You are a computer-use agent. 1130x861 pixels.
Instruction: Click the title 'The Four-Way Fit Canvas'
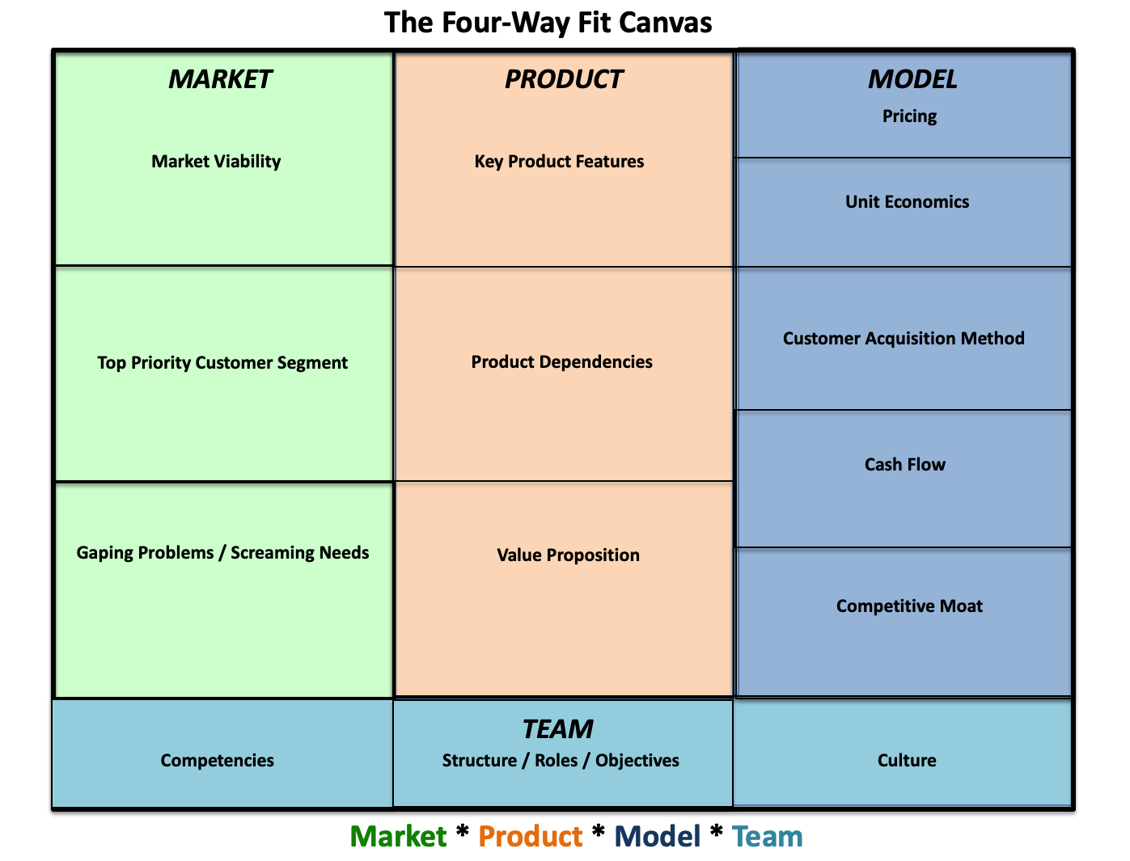pos(548,23)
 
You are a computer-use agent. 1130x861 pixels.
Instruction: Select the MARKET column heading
pos(220,79)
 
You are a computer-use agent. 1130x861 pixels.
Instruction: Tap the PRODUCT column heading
pos(563,79)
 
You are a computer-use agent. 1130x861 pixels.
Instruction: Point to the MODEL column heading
pos(912,79)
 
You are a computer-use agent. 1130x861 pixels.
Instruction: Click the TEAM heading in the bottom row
pos(557,729)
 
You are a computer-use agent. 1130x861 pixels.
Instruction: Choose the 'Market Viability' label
pos(216,162)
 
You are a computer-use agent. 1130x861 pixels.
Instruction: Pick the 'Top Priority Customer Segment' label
pos(222,363)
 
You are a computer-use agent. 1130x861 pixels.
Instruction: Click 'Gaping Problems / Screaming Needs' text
pos(222,553)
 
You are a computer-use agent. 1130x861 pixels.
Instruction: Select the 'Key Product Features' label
pos(559,162)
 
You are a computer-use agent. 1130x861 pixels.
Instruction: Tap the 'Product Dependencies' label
pos(561,362)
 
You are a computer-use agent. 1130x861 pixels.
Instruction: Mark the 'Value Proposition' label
pos(568,555)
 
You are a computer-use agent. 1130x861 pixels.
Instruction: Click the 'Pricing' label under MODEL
pos(909,116)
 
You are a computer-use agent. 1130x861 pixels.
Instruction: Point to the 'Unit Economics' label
pos(907,202)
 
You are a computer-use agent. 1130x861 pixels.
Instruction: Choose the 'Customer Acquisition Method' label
pos(904,339)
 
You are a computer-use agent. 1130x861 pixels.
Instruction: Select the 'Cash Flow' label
pos(904,465)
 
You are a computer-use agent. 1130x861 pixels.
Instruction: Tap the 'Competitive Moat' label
pos(909,606)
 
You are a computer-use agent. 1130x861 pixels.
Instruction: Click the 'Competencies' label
pos(217,761)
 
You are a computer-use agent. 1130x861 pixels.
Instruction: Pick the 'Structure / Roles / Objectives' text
pos(561,761)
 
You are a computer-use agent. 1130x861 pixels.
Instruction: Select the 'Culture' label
pos(907,761)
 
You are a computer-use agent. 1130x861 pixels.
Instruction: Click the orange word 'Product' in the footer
pos(530,837)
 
